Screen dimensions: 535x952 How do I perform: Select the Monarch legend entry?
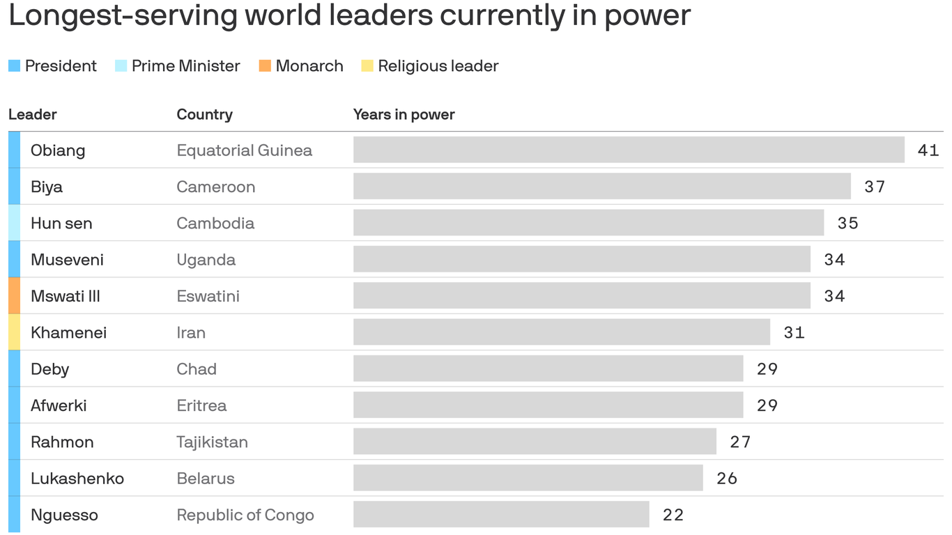pos(301,66)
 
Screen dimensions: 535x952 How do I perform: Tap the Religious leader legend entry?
pos(430,66)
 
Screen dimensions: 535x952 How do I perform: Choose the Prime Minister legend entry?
pos(178,66)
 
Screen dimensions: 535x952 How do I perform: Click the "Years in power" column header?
pos(404,115)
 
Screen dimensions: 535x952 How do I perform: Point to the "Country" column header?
pos(204,115)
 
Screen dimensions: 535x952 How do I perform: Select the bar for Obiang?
pos(628,150)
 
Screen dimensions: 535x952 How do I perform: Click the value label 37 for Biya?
pos(875,187)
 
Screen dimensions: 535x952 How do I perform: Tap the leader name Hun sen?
pos(61,224)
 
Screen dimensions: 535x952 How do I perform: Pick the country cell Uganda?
pos(206,260)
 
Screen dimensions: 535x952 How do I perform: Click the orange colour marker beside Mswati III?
pos(14,296)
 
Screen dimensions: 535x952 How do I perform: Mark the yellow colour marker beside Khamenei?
pos(14,332)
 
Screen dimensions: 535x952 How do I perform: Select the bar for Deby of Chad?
pos(548,369)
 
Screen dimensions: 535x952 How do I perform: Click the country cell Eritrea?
pos(201,405)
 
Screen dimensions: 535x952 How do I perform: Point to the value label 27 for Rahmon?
pos(740,442)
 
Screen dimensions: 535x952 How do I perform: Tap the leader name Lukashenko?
pos(77,479)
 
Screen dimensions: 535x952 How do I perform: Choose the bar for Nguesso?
pos(501,515)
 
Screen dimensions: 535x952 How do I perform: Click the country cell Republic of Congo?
pos(245,515)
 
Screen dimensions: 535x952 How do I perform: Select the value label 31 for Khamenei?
pos(794,333)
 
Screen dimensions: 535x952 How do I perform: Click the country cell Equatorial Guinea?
pos(244,150)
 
